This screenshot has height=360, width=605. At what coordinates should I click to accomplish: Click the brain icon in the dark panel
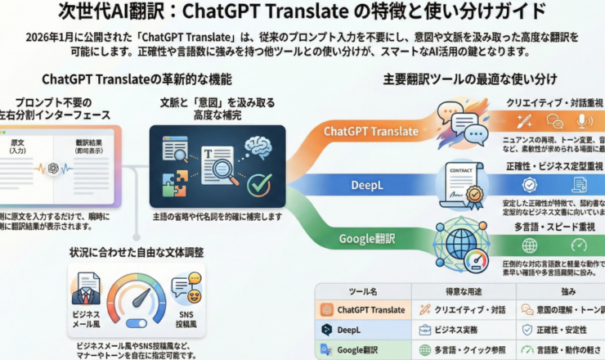pos(260,145)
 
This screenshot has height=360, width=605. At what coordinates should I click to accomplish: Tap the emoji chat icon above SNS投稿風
pos(186,289)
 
